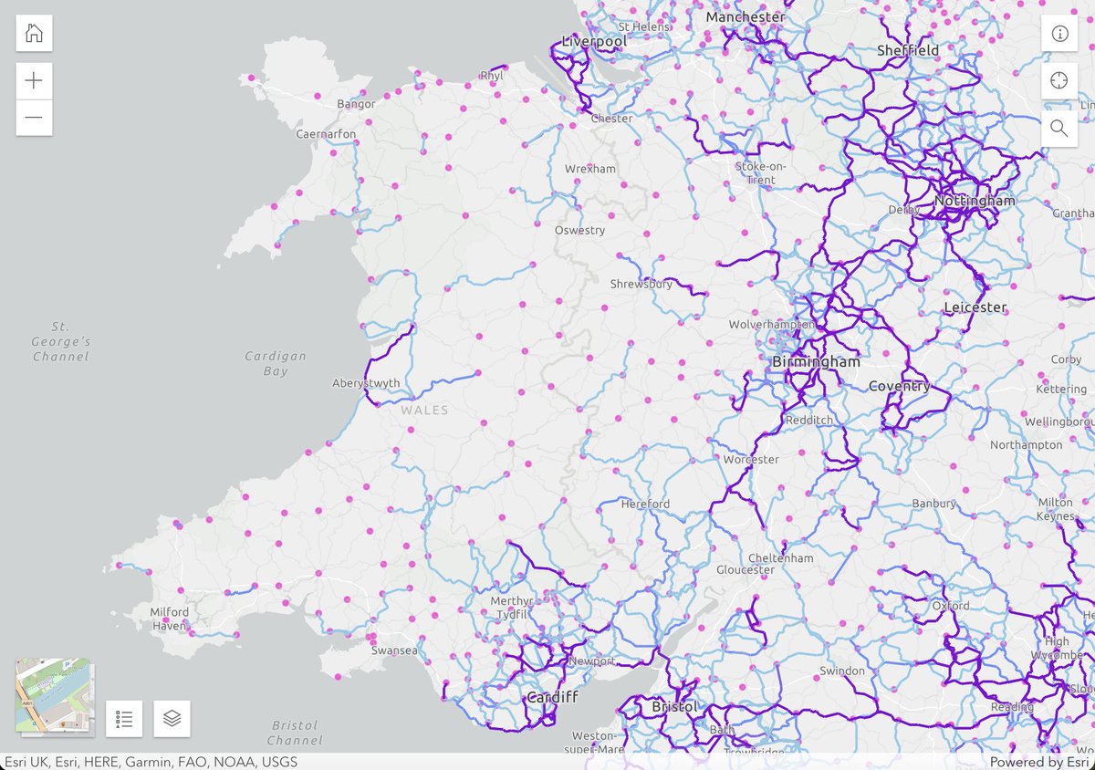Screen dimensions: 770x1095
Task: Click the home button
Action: coord(34,34)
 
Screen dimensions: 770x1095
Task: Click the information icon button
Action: coord(1059,34)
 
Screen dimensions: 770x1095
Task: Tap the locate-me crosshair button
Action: coord(1059,80)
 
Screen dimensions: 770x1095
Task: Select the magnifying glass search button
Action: coord(1059,128)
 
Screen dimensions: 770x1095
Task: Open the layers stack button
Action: coord(172,719)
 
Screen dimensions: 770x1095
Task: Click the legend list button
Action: coord(124,719)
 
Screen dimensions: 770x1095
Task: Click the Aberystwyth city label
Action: coord(366,383)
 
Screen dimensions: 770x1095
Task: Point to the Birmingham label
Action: coord(816,362)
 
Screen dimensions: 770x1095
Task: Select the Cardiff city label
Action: coord(552,698)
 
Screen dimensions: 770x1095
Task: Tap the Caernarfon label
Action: coord(326,134)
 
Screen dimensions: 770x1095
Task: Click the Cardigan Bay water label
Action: coord(276,363)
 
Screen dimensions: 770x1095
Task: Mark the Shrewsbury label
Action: coord(641,284)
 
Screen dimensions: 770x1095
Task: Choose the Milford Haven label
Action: coord(170,619)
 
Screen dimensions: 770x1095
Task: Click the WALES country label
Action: coord(424,411)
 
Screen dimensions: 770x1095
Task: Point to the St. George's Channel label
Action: coord(61,341)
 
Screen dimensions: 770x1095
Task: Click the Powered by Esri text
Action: coord(1038,762)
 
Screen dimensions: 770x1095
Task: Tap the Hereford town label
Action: coord(645,504)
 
